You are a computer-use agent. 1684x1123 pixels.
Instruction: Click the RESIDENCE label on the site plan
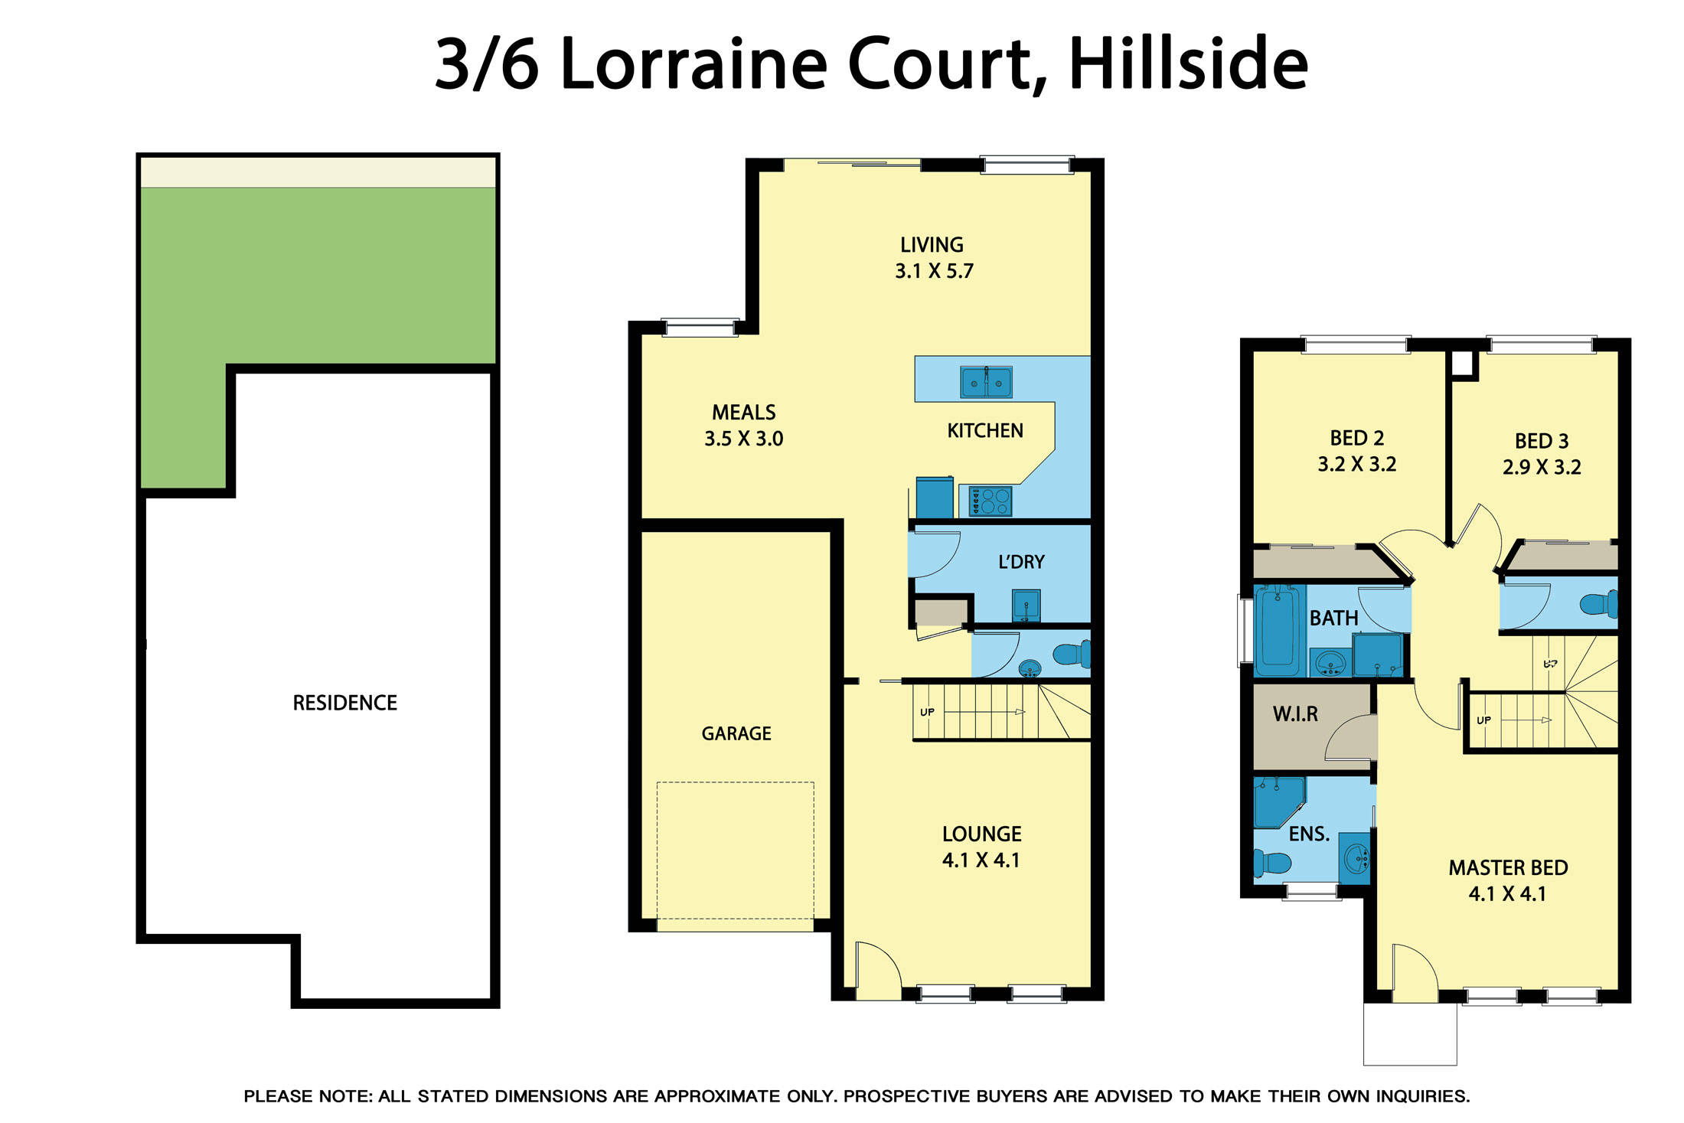[x=344, y=703]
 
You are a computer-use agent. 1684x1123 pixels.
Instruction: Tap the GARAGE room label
[x=736, y=733]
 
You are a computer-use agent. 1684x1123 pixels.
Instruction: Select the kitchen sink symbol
[x=986, y=381]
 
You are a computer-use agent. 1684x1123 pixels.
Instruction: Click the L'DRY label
[x=1021, y=562]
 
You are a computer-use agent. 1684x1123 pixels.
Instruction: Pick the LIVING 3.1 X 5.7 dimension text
[x=934, y=271]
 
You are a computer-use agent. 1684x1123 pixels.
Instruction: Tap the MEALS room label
[x=743, y=413]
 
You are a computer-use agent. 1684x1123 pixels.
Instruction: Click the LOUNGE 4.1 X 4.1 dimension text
[x=981, y=860]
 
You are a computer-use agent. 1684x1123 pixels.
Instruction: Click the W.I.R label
[x=1295, y=714]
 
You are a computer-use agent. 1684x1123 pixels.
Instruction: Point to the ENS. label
[x=1309, y=834]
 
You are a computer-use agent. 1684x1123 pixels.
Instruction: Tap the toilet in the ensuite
[x=1271, y=863]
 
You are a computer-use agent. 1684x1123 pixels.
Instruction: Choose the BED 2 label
[x=1356, y=438]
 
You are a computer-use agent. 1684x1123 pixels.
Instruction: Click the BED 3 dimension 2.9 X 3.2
[x=1542, y=467]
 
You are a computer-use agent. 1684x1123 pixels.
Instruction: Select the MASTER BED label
[x=1508, y=868]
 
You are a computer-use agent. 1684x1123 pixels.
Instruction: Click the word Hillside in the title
[x=1187, y=64]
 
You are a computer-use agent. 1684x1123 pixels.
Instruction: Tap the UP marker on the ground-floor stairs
[x=927, y=712]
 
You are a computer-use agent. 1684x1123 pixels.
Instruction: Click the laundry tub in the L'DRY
[x=1026, y=605]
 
